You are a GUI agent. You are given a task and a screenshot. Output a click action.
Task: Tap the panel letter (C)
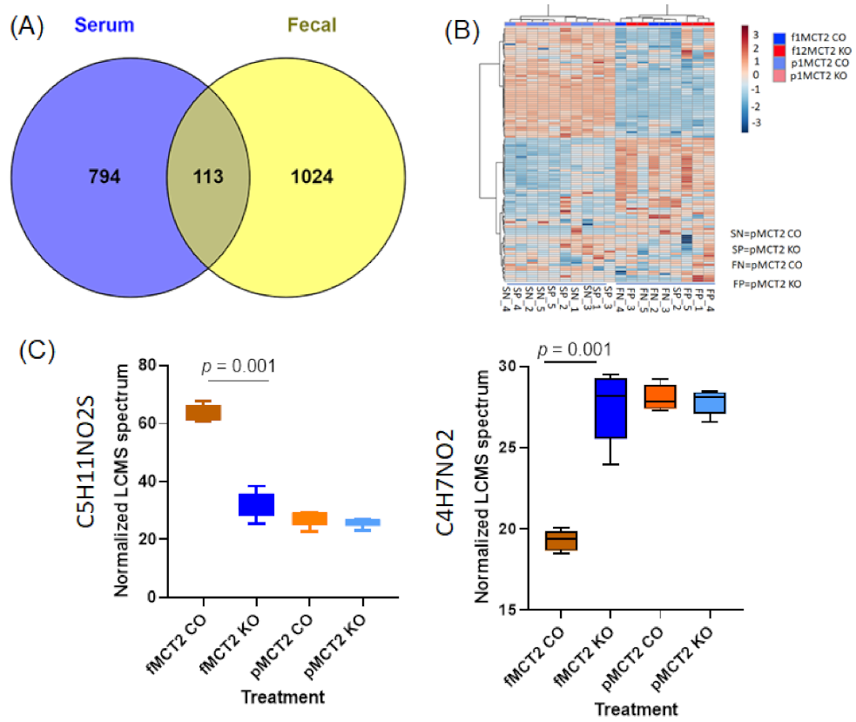tap(36, 350)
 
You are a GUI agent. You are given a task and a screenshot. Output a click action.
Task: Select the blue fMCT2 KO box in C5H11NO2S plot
tap(257, 504)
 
